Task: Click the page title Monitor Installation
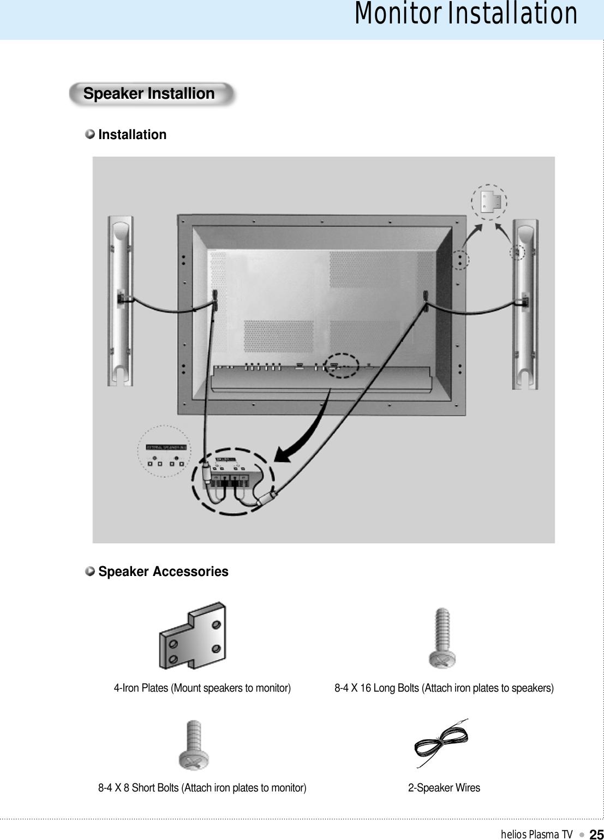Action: pyautogui.click(x=465, y=14)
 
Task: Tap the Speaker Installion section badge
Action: pyautogui.click(x=149, y=94)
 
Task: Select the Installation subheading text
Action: pyautogui.click(x=132, y=135)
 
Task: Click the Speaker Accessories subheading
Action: pyautogui.click(x=163, y=572)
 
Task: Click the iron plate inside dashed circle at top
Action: pyautogui.click(x=489, y=202)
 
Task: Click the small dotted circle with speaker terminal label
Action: pyautogui.click(x=164, y=452)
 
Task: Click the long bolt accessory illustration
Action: pyautogui.click(x=442, y=639)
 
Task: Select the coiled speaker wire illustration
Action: pyautogui.click(x=441, y=743)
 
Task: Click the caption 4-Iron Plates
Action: pyautogui.click(x=202, y=688)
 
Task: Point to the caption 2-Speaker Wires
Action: pyautogui.click(x=444, y=788)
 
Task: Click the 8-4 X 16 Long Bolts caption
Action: pyautogui.click(x=444, y=688)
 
